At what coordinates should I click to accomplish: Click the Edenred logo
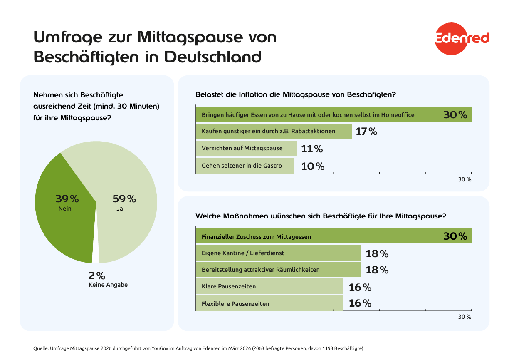pos(462,38)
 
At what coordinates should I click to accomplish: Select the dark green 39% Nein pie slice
pos(67,216)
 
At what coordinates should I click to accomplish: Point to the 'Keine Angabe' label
pos(108,285)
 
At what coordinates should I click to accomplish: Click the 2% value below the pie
pos(96,276)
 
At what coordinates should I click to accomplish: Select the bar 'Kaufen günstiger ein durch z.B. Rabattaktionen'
pos(274,131)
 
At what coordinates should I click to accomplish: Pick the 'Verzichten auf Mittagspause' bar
pos(246,148)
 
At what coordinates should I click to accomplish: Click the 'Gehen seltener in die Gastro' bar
pos(245,166)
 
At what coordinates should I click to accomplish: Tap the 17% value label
pos(366,132)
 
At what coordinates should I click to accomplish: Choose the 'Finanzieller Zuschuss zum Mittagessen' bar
pos(333,236)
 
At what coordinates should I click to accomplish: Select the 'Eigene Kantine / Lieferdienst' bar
pos(278,253)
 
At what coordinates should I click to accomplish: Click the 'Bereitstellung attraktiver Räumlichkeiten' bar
pos(278,270)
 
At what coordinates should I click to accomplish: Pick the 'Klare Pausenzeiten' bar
pos(269,287)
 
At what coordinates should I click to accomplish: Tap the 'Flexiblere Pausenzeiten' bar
pos(269,304)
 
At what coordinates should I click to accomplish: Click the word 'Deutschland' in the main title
pos(213,57)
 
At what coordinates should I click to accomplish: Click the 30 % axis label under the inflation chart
pos(465,180)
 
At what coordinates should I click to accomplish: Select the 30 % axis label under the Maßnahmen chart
pos(465,317)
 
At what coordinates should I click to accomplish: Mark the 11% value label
pos(312,149)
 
